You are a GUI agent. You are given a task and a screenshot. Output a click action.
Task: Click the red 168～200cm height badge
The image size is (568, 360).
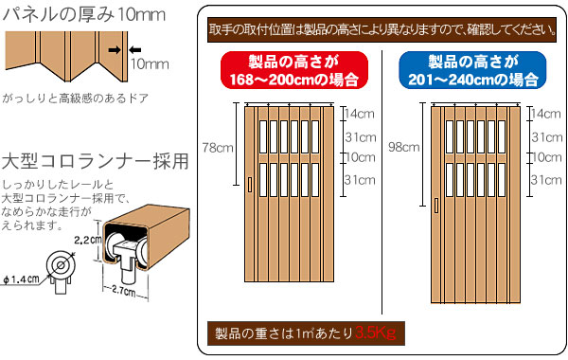point(294,70)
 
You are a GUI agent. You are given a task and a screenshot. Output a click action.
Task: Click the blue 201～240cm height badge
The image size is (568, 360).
point(472,70)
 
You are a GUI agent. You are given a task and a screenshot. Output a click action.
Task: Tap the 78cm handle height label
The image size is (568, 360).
point(218,148)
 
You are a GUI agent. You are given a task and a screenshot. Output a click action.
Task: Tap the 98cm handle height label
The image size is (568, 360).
point(404,147)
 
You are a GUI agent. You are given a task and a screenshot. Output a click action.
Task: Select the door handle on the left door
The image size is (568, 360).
point(250,184)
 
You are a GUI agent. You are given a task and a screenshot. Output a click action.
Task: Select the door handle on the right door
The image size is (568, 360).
point(436,206)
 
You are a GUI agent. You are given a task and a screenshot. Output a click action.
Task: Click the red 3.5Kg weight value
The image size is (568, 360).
point(375,333)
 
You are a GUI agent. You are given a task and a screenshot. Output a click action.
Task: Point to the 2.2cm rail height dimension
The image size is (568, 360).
point(86,240)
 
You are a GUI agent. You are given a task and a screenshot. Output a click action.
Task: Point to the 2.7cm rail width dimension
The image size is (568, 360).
point(123,291)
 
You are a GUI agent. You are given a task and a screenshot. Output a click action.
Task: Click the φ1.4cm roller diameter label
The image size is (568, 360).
point(21,279)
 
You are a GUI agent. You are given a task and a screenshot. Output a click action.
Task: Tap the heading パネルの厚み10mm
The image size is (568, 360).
point(84,14)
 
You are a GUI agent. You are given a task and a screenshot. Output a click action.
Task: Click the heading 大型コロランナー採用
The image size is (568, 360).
point(95,161)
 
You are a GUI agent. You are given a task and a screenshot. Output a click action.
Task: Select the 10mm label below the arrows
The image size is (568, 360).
point(150,64)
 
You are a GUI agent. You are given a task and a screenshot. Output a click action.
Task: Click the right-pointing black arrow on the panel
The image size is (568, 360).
point(115,50)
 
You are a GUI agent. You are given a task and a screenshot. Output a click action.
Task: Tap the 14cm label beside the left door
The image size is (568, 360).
point(359,114)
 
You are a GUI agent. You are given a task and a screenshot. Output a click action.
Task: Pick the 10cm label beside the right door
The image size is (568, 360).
point(546,157)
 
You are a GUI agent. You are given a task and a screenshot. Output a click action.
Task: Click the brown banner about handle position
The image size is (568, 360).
point(382,29)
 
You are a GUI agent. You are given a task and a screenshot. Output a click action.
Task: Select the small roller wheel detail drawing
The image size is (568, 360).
point(61,270)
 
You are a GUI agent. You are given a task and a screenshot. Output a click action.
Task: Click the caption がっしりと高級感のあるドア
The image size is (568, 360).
point(76,98)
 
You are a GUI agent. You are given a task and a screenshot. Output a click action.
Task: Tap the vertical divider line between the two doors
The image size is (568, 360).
point(382,182)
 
